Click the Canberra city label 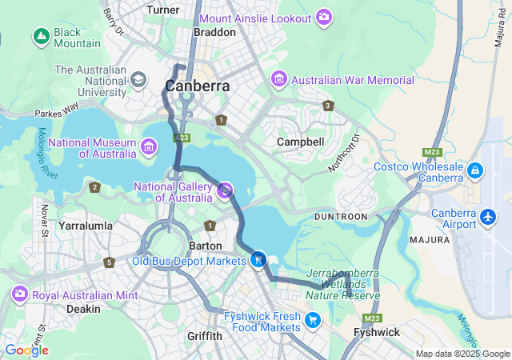click(197, 86)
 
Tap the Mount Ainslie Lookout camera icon click(323, 17)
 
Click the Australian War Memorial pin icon click(279, 79)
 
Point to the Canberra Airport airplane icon click(488, 217)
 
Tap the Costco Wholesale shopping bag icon click(475, 170)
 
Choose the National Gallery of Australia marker click(226, 190)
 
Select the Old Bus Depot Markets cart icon click(258, 259)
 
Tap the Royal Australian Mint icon click(19, 295)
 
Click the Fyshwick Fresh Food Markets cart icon click(313, 321)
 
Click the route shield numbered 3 click(327, 106)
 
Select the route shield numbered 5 click(109, 262)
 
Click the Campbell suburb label click(300, 142)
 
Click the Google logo click(26, 350)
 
